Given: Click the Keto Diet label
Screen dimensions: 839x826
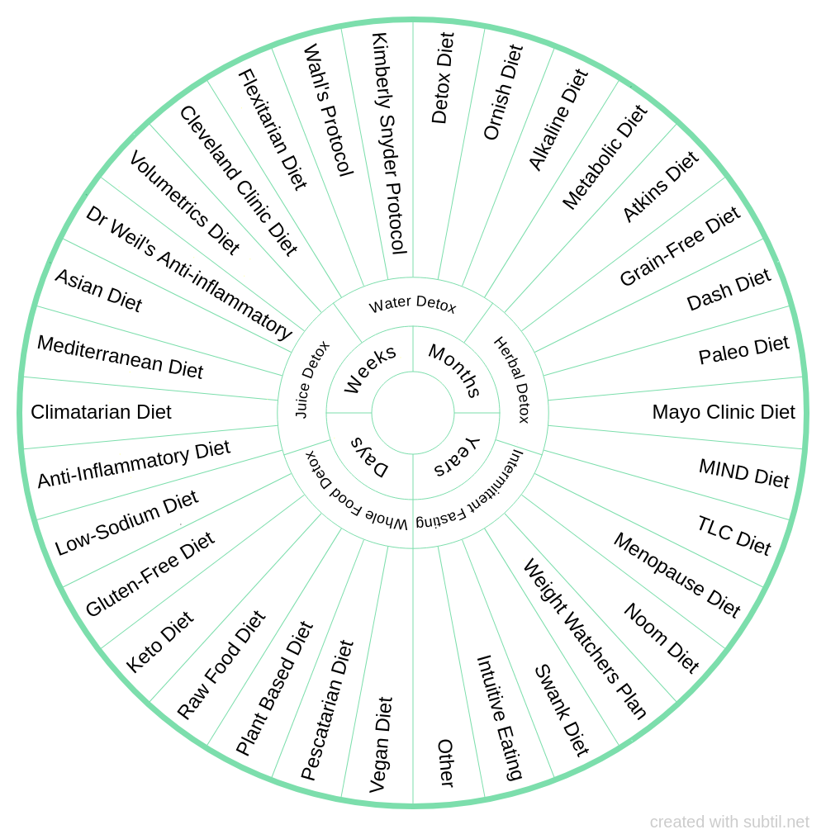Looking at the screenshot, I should pos(160,642).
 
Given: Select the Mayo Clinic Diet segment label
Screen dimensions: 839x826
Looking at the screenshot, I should pos(724,412).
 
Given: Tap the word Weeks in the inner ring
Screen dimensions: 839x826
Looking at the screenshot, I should pos(370,368).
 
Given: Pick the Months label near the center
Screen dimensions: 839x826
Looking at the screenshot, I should pos(454,369).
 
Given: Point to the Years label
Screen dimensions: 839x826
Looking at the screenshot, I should pos(456,457).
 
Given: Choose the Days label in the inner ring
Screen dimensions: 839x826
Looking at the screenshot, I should pos(369,457).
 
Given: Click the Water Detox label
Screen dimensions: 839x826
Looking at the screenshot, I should pos(412,306).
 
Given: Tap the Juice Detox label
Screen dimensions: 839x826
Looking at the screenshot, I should pos(311,379).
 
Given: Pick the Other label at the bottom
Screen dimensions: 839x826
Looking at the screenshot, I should pos(445,763).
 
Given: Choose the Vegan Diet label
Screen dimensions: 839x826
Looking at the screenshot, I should pos(381,745).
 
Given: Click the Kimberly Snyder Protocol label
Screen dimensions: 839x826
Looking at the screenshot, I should pos(389,144).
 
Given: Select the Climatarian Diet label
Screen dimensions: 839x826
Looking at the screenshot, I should pos(101,412).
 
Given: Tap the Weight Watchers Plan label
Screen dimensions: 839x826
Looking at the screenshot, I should pos(585,638).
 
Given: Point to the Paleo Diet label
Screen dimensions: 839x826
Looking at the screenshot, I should pos(743,350).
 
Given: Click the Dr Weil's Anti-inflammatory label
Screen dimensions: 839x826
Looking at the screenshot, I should pos(188,273).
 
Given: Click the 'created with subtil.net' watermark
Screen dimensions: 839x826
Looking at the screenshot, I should pos(729,822).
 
